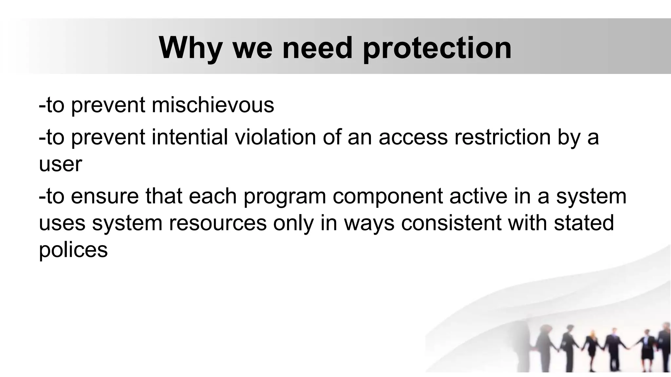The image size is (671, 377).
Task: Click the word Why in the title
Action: pyautogui.click(x=190, y=48)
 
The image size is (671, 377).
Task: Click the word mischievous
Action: pyautogui.click(x=213, y=105)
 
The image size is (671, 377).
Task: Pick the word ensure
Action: pyautogui.click(x=105, y=196)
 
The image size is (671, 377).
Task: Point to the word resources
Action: pyautogui.click(x=218, y=223)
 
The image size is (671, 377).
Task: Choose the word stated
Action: pyautogui.click(x=584, y=223)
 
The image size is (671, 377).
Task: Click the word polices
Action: pyautogui.click(x=73, y=250)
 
